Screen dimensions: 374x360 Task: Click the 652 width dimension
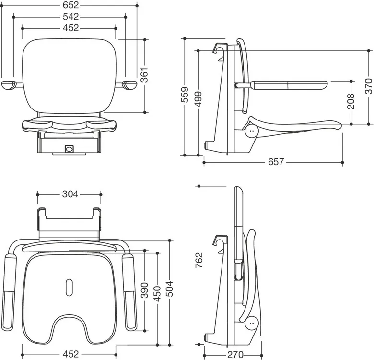click(70, 5)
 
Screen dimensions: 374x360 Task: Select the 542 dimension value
click(70, 17)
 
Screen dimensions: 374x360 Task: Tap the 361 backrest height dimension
click(144, 75)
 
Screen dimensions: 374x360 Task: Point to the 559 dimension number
click(185, 95)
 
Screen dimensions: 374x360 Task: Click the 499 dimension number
click(198, 99)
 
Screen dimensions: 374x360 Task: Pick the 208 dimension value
click(351, 101)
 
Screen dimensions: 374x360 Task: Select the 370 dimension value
click(369, 86)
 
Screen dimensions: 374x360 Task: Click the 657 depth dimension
click(276, 162)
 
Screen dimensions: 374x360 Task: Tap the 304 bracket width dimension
click(70, 194)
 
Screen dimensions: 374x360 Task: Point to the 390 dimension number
click(144, 290)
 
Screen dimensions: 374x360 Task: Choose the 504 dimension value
click(170, 289)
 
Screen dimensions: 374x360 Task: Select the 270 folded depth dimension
click(235, 355)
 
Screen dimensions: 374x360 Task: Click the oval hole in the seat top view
click(69, 287)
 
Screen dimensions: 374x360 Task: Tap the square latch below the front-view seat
click(69, 149)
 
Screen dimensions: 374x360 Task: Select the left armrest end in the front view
click(9, 85)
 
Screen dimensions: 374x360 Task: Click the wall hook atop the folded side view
click(220, 240)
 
